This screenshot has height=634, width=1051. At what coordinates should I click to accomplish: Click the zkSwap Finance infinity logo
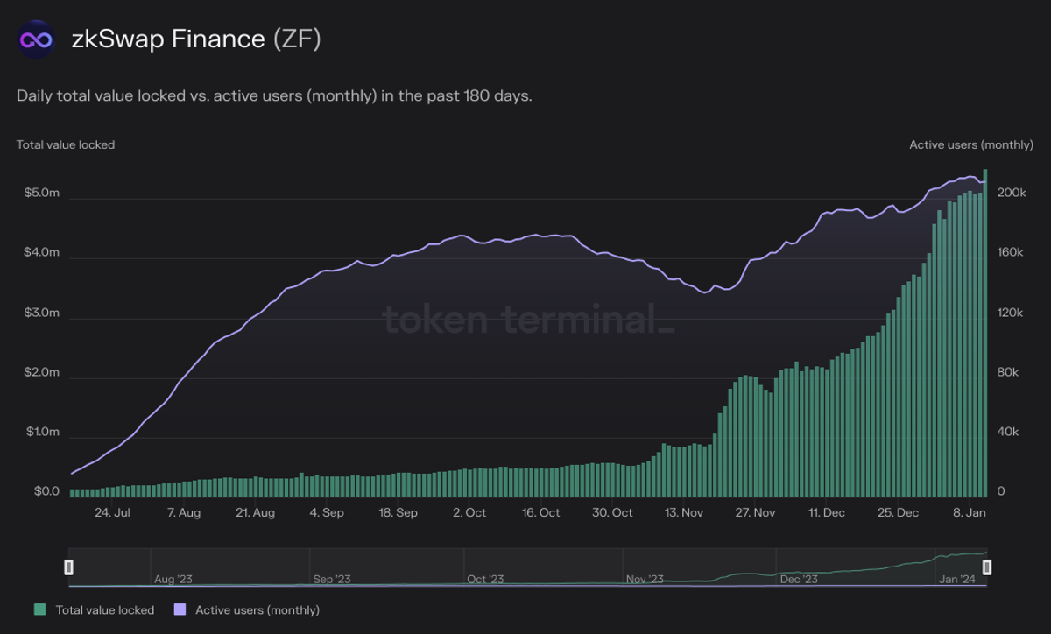37,39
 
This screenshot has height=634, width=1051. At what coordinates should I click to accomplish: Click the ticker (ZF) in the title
296,39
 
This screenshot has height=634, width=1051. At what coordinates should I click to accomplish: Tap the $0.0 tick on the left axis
46,492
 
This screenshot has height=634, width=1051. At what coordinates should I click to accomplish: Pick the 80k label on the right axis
1007,373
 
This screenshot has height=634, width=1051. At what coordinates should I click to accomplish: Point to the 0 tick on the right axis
1001,492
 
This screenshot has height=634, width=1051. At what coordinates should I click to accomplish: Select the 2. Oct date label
470,513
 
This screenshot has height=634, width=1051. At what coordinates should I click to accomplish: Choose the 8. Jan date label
969,513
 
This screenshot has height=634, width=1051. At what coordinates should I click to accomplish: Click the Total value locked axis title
66,144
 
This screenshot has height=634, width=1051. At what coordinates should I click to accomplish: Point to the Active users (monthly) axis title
970,144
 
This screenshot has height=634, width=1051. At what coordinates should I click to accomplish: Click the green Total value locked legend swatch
39,609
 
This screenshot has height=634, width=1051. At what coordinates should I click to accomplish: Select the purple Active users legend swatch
180,609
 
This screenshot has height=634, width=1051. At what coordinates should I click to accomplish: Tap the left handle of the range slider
69,567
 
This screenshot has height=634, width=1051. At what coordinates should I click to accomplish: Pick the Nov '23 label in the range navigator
645,580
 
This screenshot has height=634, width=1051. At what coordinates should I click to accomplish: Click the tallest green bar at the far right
985,333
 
